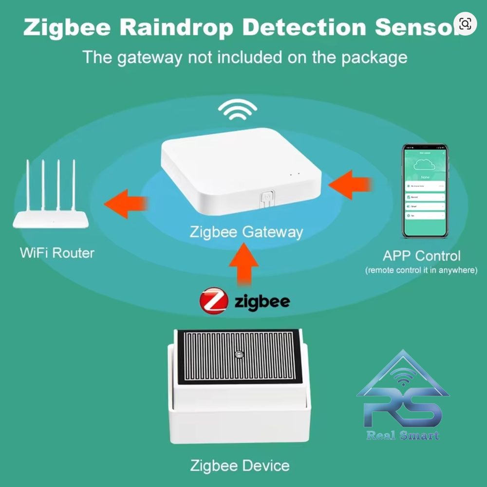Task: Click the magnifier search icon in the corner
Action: click(465, 23)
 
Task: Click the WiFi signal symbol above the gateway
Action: click(237, 111)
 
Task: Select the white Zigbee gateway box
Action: click(241, 170)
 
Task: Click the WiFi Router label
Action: click(57, 253)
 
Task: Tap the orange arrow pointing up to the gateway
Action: click(244, 265)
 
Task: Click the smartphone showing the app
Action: click(424, 190)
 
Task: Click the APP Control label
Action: click(421, 256)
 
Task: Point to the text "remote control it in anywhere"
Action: click(421, 270)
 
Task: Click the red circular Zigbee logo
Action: click(214, 300)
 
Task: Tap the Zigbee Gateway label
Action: click(246, 232)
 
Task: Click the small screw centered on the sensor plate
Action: click(239, 354)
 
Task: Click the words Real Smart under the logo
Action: click(403, 435)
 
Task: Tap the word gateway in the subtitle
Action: click(149, 57)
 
